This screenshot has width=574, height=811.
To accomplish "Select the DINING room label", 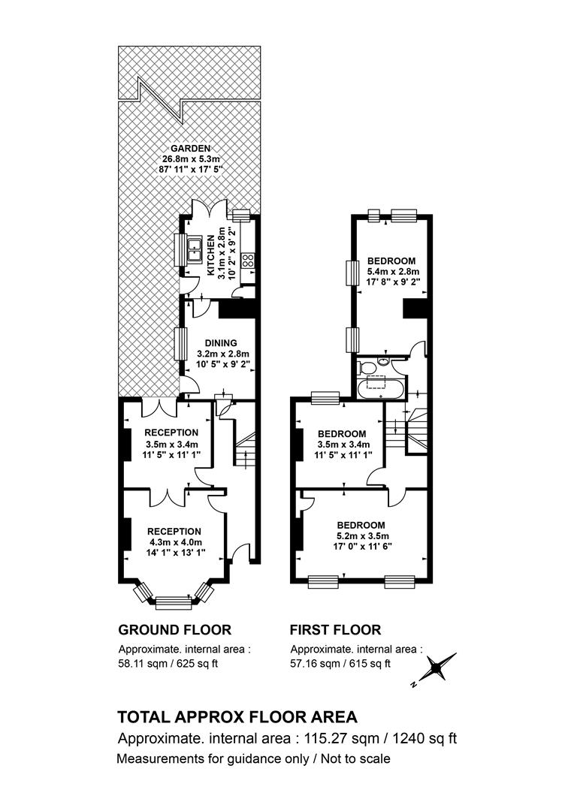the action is point(220,343).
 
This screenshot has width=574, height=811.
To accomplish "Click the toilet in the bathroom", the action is point(367,368).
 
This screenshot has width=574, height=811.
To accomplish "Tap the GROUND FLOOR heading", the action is point(175,630).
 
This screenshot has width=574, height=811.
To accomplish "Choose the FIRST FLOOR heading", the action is point(335,630).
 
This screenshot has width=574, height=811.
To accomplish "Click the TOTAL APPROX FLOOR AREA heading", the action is point(237,717).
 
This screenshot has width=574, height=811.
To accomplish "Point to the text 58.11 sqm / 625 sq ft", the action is point(168,664).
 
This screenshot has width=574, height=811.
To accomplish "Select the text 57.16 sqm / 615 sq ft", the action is point(340,664).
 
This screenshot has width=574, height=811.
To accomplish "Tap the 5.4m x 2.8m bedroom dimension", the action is point(394,272).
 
